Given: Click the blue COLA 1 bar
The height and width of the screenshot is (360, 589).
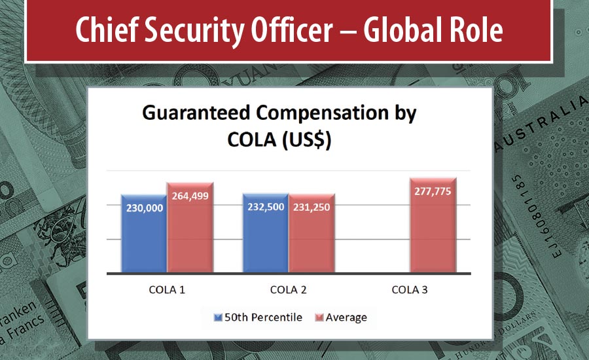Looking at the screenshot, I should [x=143, y=242].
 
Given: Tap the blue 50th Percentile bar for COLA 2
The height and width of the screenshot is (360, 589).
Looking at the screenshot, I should [x=265, y=242].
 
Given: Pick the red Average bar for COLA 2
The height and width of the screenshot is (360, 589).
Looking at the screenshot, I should [x=312, y=242].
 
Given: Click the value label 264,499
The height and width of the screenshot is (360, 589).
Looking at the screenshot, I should [x=190, y=195].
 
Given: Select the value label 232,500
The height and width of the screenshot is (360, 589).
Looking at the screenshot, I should [x=265, y=206].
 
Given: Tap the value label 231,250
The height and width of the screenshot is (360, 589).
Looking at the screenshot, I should [x=312, y=206].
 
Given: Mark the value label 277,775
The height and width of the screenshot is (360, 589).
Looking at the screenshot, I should [x=433, y=190].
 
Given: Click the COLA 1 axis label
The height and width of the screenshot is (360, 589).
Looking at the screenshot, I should [x=167, y=289].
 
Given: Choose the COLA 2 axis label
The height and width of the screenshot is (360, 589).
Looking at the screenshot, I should [x=288, y=289].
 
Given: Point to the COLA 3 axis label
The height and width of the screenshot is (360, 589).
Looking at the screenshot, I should [x=410, y=289].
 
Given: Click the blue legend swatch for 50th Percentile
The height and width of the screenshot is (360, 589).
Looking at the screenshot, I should [x=219, y=318].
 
